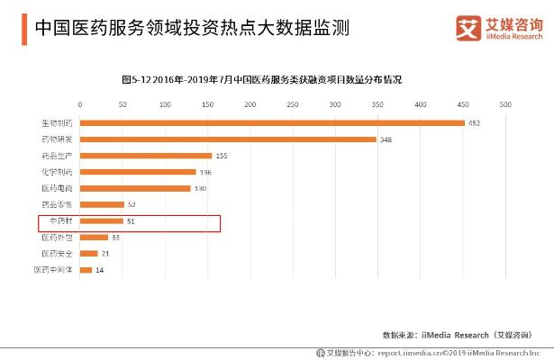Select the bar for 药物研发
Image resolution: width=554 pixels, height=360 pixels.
228,139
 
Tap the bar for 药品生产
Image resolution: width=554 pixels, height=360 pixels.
146,156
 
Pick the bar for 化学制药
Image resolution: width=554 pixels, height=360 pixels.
138,172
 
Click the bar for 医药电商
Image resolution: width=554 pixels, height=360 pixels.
135,188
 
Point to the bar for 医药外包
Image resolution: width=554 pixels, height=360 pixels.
95,238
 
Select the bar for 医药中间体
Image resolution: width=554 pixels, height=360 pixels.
86,270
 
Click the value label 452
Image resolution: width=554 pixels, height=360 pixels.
474,122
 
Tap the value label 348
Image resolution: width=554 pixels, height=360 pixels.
386,139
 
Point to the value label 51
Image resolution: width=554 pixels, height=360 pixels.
132,221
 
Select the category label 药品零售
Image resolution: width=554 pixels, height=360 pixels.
56,205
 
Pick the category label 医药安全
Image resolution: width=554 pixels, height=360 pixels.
56,254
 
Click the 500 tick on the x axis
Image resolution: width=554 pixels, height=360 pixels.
504,105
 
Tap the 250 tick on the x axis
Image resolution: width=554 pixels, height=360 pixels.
293,105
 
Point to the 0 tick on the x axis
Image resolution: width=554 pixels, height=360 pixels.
81,105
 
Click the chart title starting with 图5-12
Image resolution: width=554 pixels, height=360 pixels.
261,80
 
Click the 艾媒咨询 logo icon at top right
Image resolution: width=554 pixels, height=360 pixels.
467,27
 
